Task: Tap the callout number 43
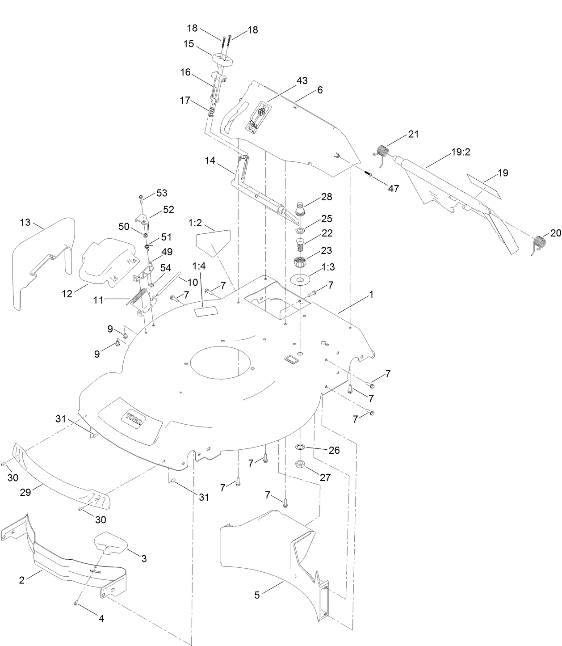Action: pyautogui.click(x=302, y=81)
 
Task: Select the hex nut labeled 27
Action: pyautogui.click(x=301, y=464)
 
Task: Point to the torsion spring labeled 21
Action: pyautogui.click(x=382, y=152)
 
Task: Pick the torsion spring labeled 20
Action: pyautogui.click(x=540, y=243)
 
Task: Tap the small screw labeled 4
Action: pyautogui.click(x=76, y=604)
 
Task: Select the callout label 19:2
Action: pyautogui.click(x=461, y=152)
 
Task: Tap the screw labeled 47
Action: pyautogui.click(x=369, y=174)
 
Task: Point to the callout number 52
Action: pyautogui.click(x=168, y=209)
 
